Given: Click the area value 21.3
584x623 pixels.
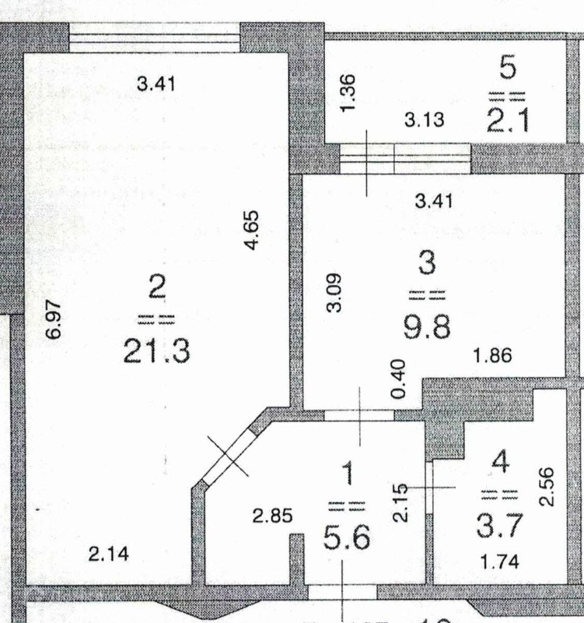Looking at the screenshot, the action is pos(157,352).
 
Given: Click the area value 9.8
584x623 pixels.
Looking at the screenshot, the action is pos(427,329).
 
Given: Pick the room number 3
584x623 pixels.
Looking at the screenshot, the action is pos(427,264).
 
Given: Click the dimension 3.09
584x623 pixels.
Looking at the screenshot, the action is pos(334,293).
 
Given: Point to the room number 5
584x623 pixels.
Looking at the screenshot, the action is pos(508,68).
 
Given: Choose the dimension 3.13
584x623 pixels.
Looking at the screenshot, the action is pos(425,120).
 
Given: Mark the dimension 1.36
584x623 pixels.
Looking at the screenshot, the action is pos(348,93).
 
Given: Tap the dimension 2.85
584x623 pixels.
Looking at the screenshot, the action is pos(273,516).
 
